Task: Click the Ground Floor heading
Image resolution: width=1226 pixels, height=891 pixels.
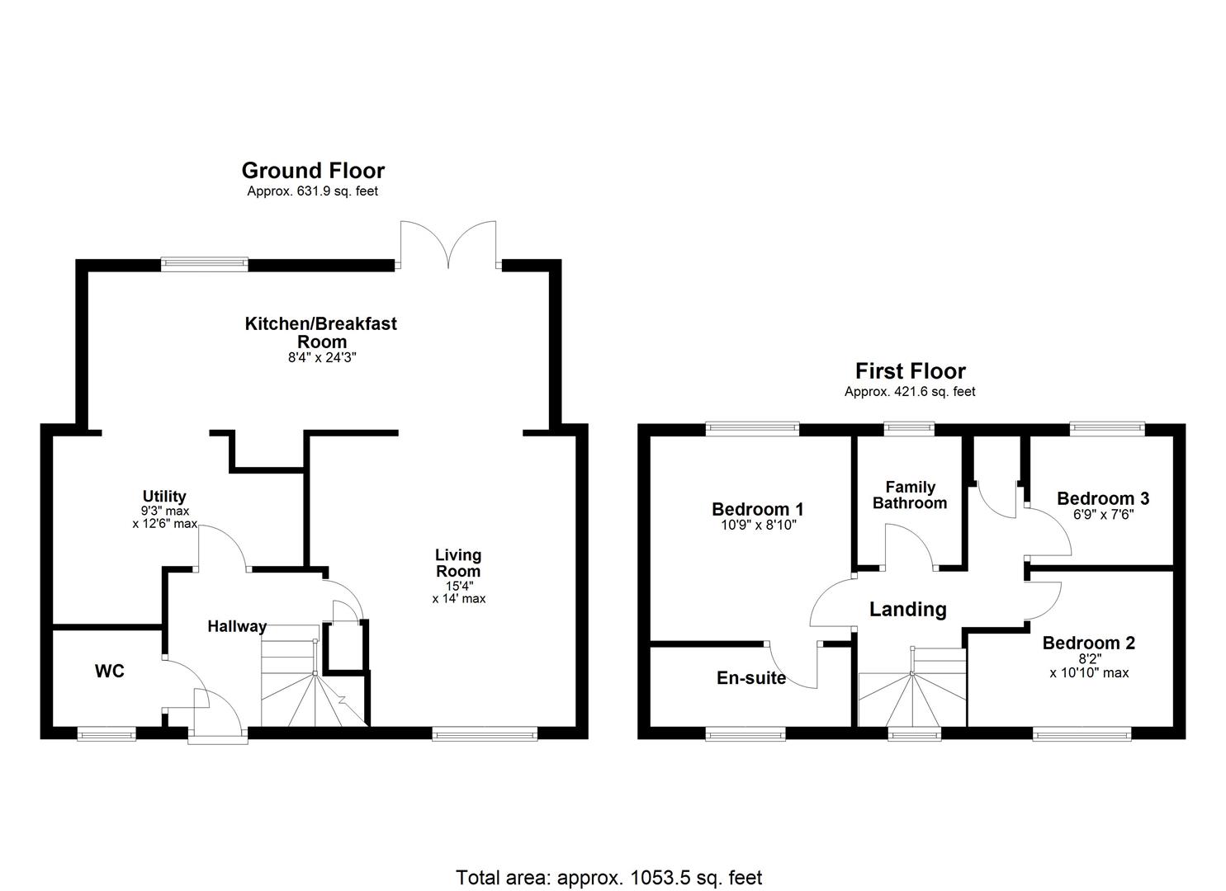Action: pyautogui.click(x=313, y=171)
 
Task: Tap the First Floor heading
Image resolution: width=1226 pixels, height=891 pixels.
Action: pyautogui.click(x=910, y=371)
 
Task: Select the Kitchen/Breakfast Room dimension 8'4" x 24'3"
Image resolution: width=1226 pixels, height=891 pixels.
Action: pyautogui.click(x=320, y=358)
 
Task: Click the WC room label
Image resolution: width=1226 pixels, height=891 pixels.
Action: pyautogui.click(x=109, y=672)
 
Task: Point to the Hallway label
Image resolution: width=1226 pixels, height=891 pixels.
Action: pyautogui.click(x=237, y=626)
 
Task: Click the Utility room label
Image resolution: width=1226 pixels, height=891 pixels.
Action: pyautogui.click(x=164, y=497)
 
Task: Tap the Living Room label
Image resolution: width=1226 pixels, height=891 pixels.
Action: pyautogui.click(x=458, y=563)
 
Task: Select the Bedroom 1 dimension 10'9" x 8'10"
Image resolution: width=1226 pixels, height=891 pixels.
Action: pyautogui.click(x=757, y=524)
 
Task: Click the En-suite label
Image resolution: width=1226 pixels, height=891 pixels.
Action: pyautogui.click(x=750, y=678)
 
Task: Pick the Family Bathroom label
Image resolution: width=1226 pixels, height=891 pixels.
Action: pyautogui.click(x=910, y=495)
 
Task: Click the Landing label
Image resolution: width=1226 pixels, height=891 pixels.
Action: pyautogui.click(x=907, y=610)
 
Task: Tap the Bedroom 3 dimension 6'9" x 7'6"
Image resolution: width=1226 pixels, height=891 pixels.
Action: pyautogui.click(x=1102, y=515)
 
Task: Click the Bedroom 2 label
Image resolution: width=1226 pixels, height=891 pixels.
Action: pyautogui.click(x=1088, y=643)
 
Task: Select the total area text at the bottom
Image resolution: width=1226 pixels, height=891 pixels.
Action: pyautogui.click(x=609, y=877)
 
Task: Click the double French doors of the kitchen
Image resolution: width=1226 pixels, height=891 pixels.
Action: pyautogui.click(x=448, y=245)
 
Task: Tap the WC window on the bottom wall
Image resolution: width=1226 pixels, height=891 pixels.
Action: pyautogui.click(x=107, y=733)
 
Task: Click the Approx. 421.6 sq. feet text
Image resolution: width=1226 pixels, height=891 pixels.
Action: pyautogui.click(x=910, y=392)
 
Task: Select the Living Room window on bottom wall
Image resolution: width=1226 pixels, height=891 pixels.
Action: pyautogui.click(x=485, y=733)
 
